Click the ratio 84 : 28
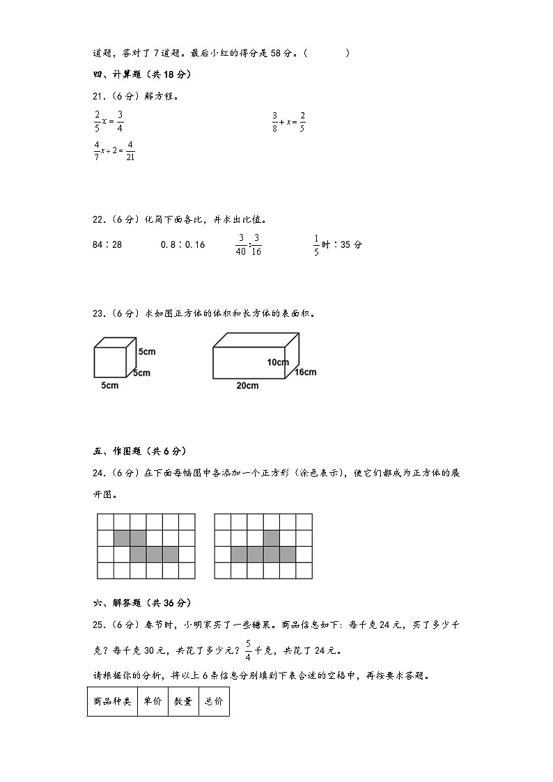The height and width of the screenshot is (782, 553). tap(107, 245)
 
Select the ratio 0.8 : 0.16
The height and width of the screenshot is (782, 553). tap(182, 245)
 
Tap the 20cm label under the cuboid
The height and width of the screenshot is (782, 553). tap(247, 386)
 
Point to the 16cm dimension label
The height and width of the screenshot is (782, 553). tap(305, 372)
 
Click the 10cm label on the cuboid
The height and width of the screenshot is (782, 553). tap(277, 362)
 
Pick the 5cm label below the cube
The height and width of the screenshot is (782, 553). tap(110, 386)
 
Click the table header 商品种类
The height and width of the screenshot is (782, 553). tap(112, 702)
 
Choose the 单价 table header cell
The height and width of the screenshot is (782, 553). tap(153, 702)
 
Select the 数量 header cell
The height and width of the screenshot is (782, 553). tap(183, 702)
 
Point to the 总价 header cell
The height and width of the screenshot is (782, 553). tap(214, 702)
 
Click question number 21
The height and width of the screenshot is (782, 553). tap(98, 97)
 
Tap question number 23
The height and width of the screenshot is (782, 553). tap(98, 314)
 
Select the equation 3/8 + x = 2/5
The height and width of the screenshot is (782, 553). tap(288, 121)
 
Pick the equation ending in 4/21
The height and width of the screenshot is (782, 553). tap(114, 151)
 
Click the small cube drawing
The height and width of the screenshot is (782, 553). tap(114, 358)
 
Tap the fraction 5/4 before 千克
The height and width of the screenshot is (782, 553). tap(248, 650)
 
